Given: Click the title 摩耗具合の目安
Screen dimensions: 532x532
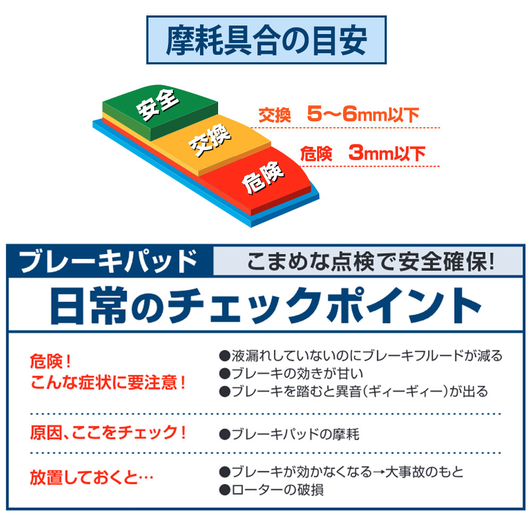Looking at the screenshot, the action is [x=267, y=40].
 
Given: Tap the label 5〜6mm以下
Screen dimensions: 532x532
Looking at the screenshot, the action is [x=363, y=114].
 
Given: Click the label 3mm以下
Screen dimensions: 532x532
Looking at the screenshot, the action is [x=387, y=153].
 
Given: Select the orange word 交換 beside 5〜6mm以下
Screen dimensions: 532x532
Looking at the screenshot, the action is [x=275, y=115].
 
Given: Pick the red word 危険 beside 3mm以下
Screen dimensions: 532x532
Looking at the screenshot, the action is [x=316, y=154].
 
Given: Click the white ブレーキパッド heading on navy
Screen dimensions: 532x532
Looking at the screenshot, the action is [x=108, y=261].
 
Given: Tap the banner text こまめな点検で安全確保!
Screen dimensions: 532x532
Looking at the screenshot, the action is [x=370, y=262].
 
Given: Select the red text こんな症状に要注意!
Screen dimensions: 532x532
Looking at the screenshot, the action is [x=108, y=383].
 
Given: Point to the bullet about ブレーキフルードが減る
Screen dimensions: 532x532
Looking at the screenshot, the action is [x=361, y=356].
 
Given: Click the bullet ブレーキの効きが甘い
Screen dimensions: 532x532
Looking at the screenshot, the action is [x=291, y=373].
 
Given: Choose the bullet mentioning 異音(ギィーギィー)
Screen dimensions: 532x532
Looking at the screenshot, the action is [x=354, y=392].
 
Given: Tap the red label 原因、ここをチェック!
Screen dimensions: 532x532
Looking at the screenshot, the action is [x=108, y=433].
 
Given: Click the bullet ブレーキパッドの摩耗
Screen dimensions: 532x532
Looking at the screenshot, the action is [x=289, y=434].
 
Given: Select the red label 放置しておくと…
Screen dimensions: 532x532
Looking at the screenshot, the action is [x=92, y=478].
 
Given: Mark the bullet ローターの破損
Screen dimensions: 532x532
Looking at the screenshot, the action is [x=271, y=490].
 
